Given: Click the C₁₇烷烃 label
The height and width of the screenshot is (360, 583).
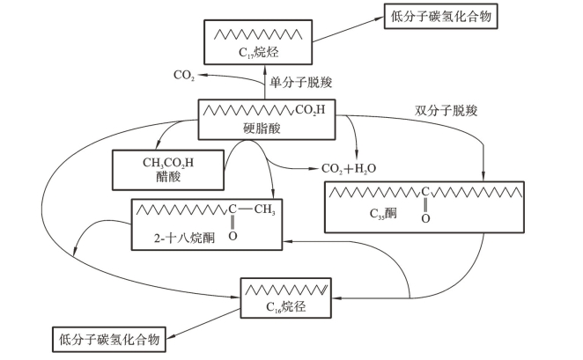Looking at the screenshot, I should [257, 55].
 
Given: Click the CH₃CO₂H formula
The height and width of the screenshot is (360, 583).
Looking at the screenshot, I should [160, 161].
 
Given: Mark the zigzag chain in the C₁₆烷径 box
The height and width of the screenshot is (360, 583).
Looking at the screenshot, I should [284, 289].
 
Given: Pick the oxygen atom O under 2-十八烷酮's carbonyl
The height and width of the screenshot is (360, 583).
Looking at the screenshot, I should [233, 235].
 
